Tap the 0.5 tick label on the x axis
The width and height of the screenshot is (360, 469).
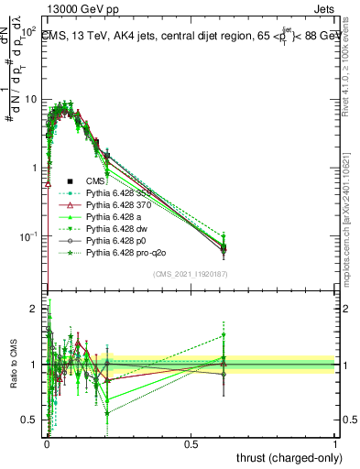(x=191, y=442)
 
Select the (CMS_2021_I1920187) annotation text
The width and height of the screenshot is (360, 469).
(x=191, y=274)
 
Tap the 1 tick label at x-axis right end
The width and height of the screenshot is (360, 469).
(x=335, y=442)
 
